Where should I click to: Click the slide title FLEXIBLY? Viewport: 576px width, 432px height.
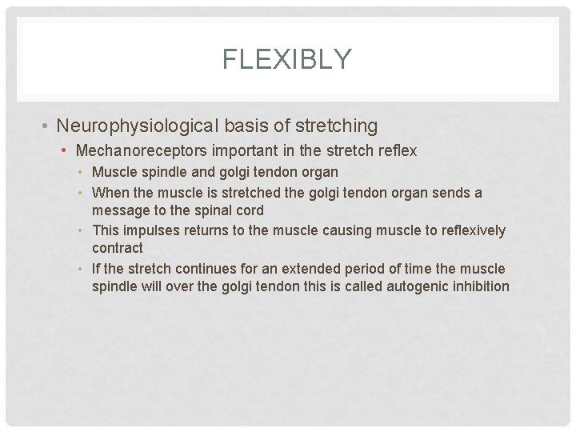tap(287, 59)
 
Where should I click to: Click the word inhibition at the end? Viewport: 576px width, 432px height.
tap(481, 286)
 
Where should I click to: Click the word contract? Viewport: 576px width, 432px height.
tap(118, 248)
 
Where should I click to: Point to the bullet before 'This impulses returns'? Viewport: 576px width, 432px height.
tap(83, 230)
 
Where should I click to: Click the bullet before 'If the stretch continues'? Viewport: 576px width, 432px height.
tap(83, 267)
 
